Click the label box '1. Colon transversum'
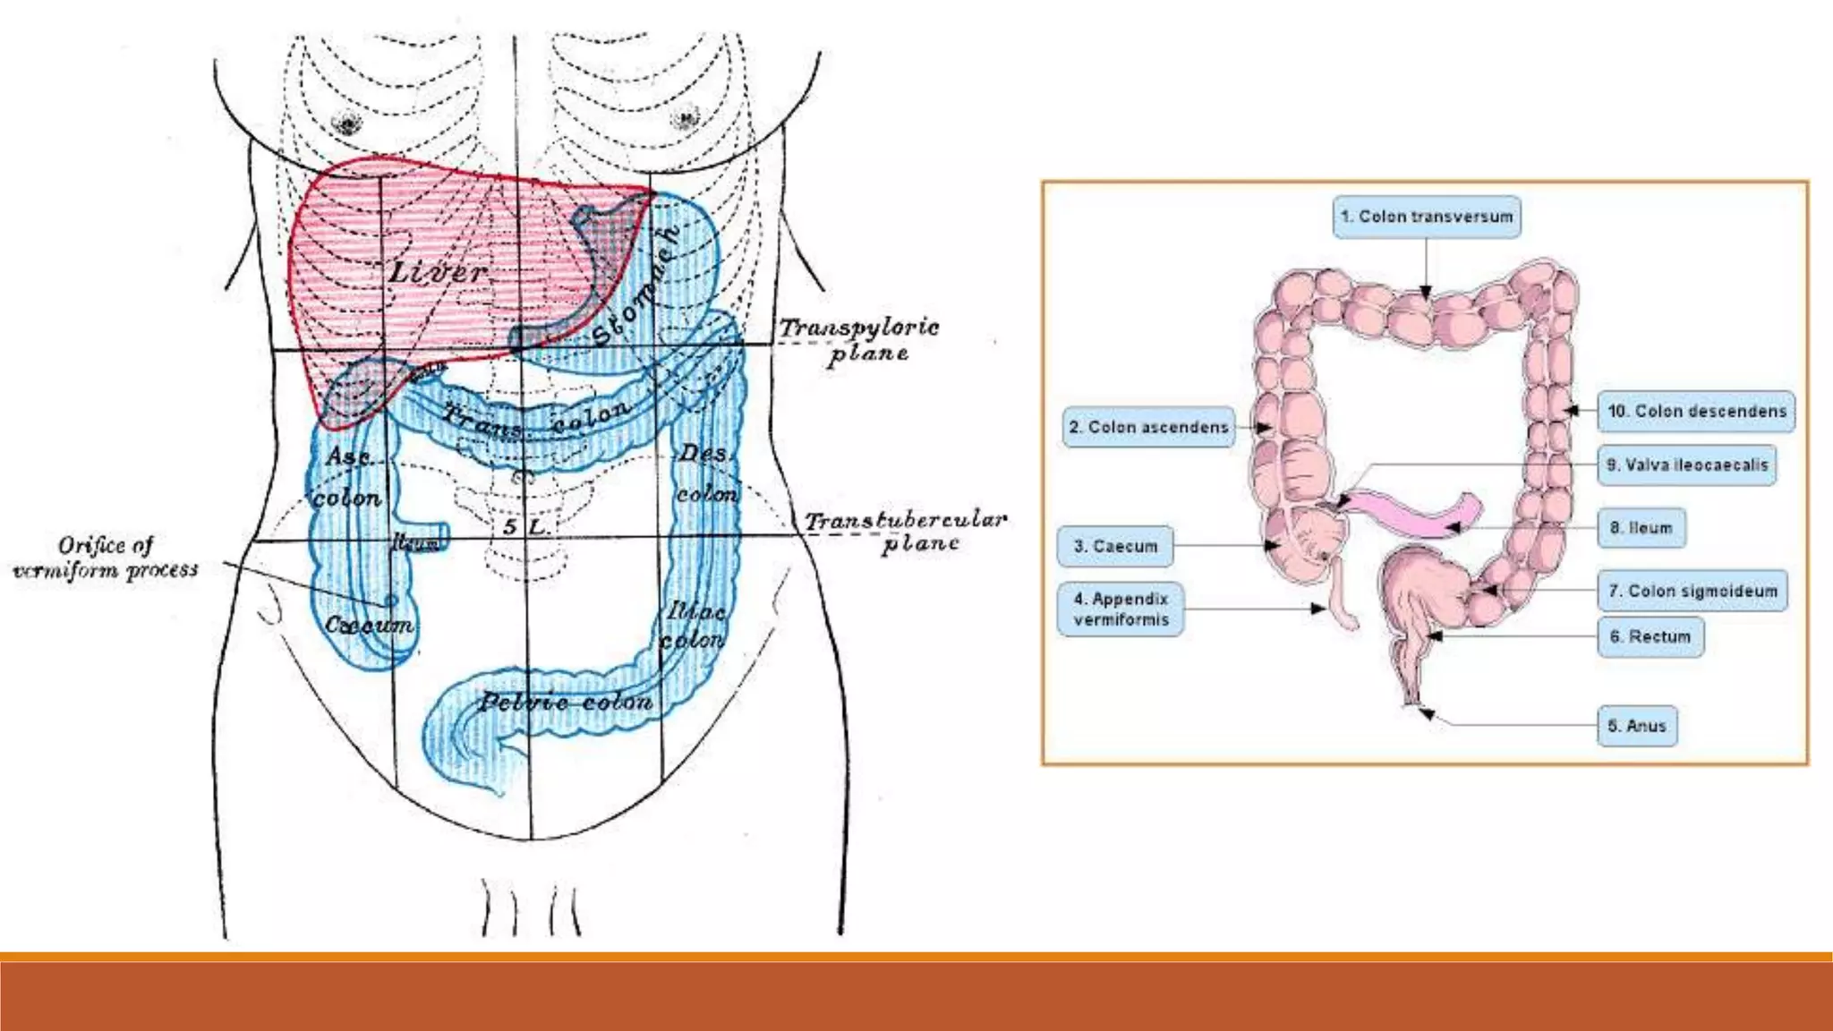pos(1427,217)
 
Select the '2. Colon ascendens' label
pos(1148,427)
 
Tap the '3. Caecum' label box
pos(1115,546)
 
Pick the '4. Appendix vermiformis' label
pos(1121,609)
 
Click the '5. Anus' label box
pos(1637,726)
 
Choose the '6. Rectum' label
pos(1650,636)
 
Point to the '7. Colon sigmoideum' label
pos(1692,591)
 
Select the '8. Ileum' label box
pos(1641,528)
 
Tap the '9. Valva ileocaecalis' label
pos(1687,464)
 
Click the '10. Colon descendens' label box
pos(1696,411)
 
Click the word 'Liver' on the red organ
pos(439,271)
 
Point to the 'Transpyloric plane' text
pos(859,340)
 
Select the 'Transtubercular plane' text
pos(906,532)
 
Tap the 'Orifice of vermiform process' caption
pos(106,558)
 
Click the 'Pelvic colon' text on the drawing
pos(565,702)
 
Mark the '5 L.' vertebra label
pos(525,526)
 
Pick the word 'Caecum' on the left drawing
pos(369,625)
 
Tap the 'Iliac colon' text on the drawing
pos(694,626)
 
